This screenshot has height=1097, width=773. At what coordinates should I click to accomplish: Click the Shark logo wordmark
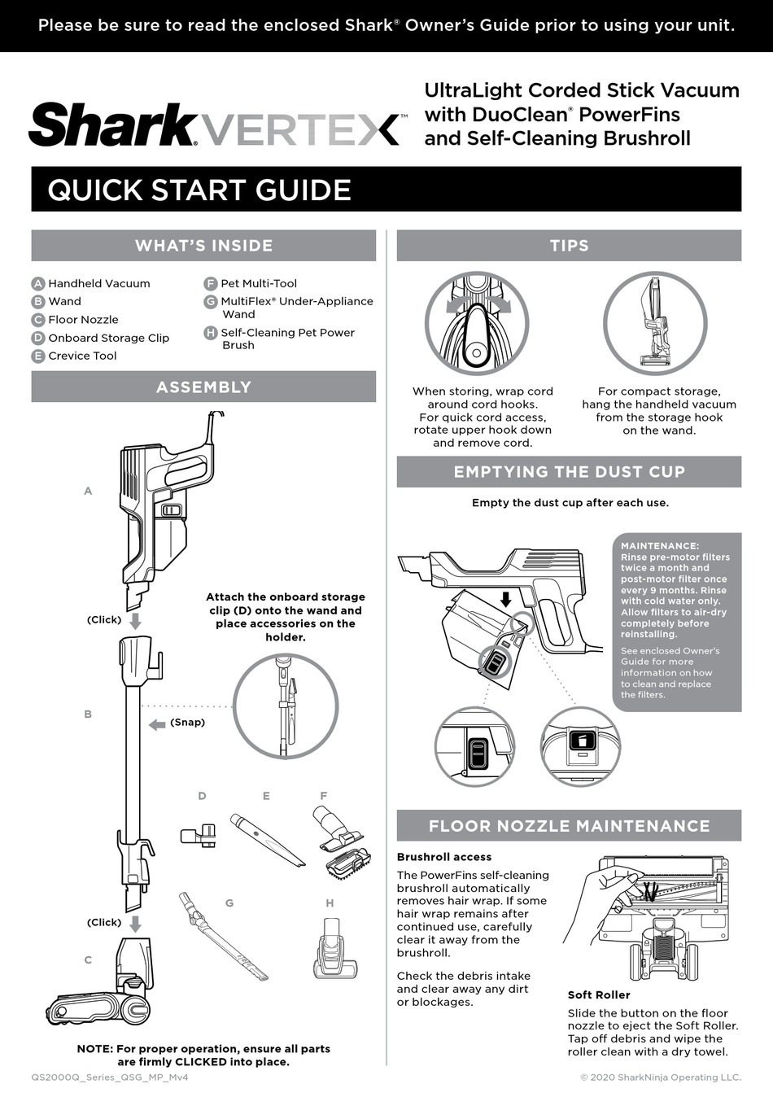point(112,125)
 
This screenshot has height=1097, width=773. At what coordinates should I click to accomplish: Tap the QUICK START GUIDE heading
point(199,190)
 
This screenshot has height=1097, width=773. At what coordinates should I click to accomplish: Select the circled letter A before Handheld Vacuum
point(38,283)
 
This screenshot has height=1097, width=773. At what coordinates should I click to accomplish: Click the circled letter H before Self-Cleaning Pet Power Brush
point(211,333)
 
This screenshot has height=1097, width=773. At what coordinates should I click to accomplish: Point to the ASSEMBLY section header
point(203,387)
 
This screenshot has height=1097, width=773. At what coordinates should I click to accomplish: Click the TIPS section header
point(569,246)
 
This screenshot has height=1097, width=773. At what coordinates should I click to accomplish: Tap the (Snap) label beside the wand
point(187,722)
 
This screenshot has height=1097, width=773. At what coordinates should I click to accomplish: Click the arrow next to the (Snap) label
point(157,724)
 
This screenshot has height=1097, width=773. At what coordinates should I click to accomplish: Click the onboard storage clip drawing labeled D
point(199,835)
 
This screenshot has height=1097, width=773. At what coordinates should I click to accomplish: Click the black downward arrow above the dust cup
point(505,599)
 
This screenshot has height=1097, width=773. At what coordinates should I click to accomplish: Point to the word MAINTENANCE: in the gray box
point(659,546)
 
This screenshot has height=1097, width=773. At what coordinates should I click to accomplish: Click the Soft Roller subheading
point(599,994)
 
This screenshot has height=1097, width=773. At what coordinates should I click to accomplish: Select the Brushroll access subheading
point(444,857)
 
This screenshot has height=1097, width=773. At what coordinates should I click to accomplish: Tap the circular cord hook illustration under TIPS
point(477,323)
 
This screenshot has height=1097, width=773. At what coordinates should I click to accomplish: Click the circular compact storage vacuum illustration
point(654,323)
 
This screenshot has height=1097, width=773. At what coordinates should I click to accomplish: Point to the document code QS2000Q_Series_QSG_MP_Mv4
point(110,1077)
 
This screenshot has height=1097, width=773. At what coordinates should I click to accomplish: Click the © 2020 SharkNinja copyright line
point(660,1077)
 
